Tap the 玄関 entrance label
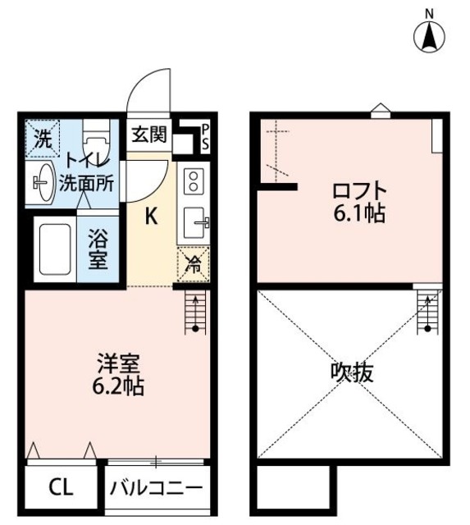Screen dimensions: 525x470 [149, 134]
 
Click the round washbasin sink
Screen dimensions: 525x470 [43, 180]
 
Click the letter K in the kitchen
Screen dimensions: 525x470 [153, 217]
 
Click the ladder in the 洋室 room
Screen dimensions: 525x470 [195, 312]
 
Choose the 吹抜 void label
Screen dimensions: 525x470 [352, 373]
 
